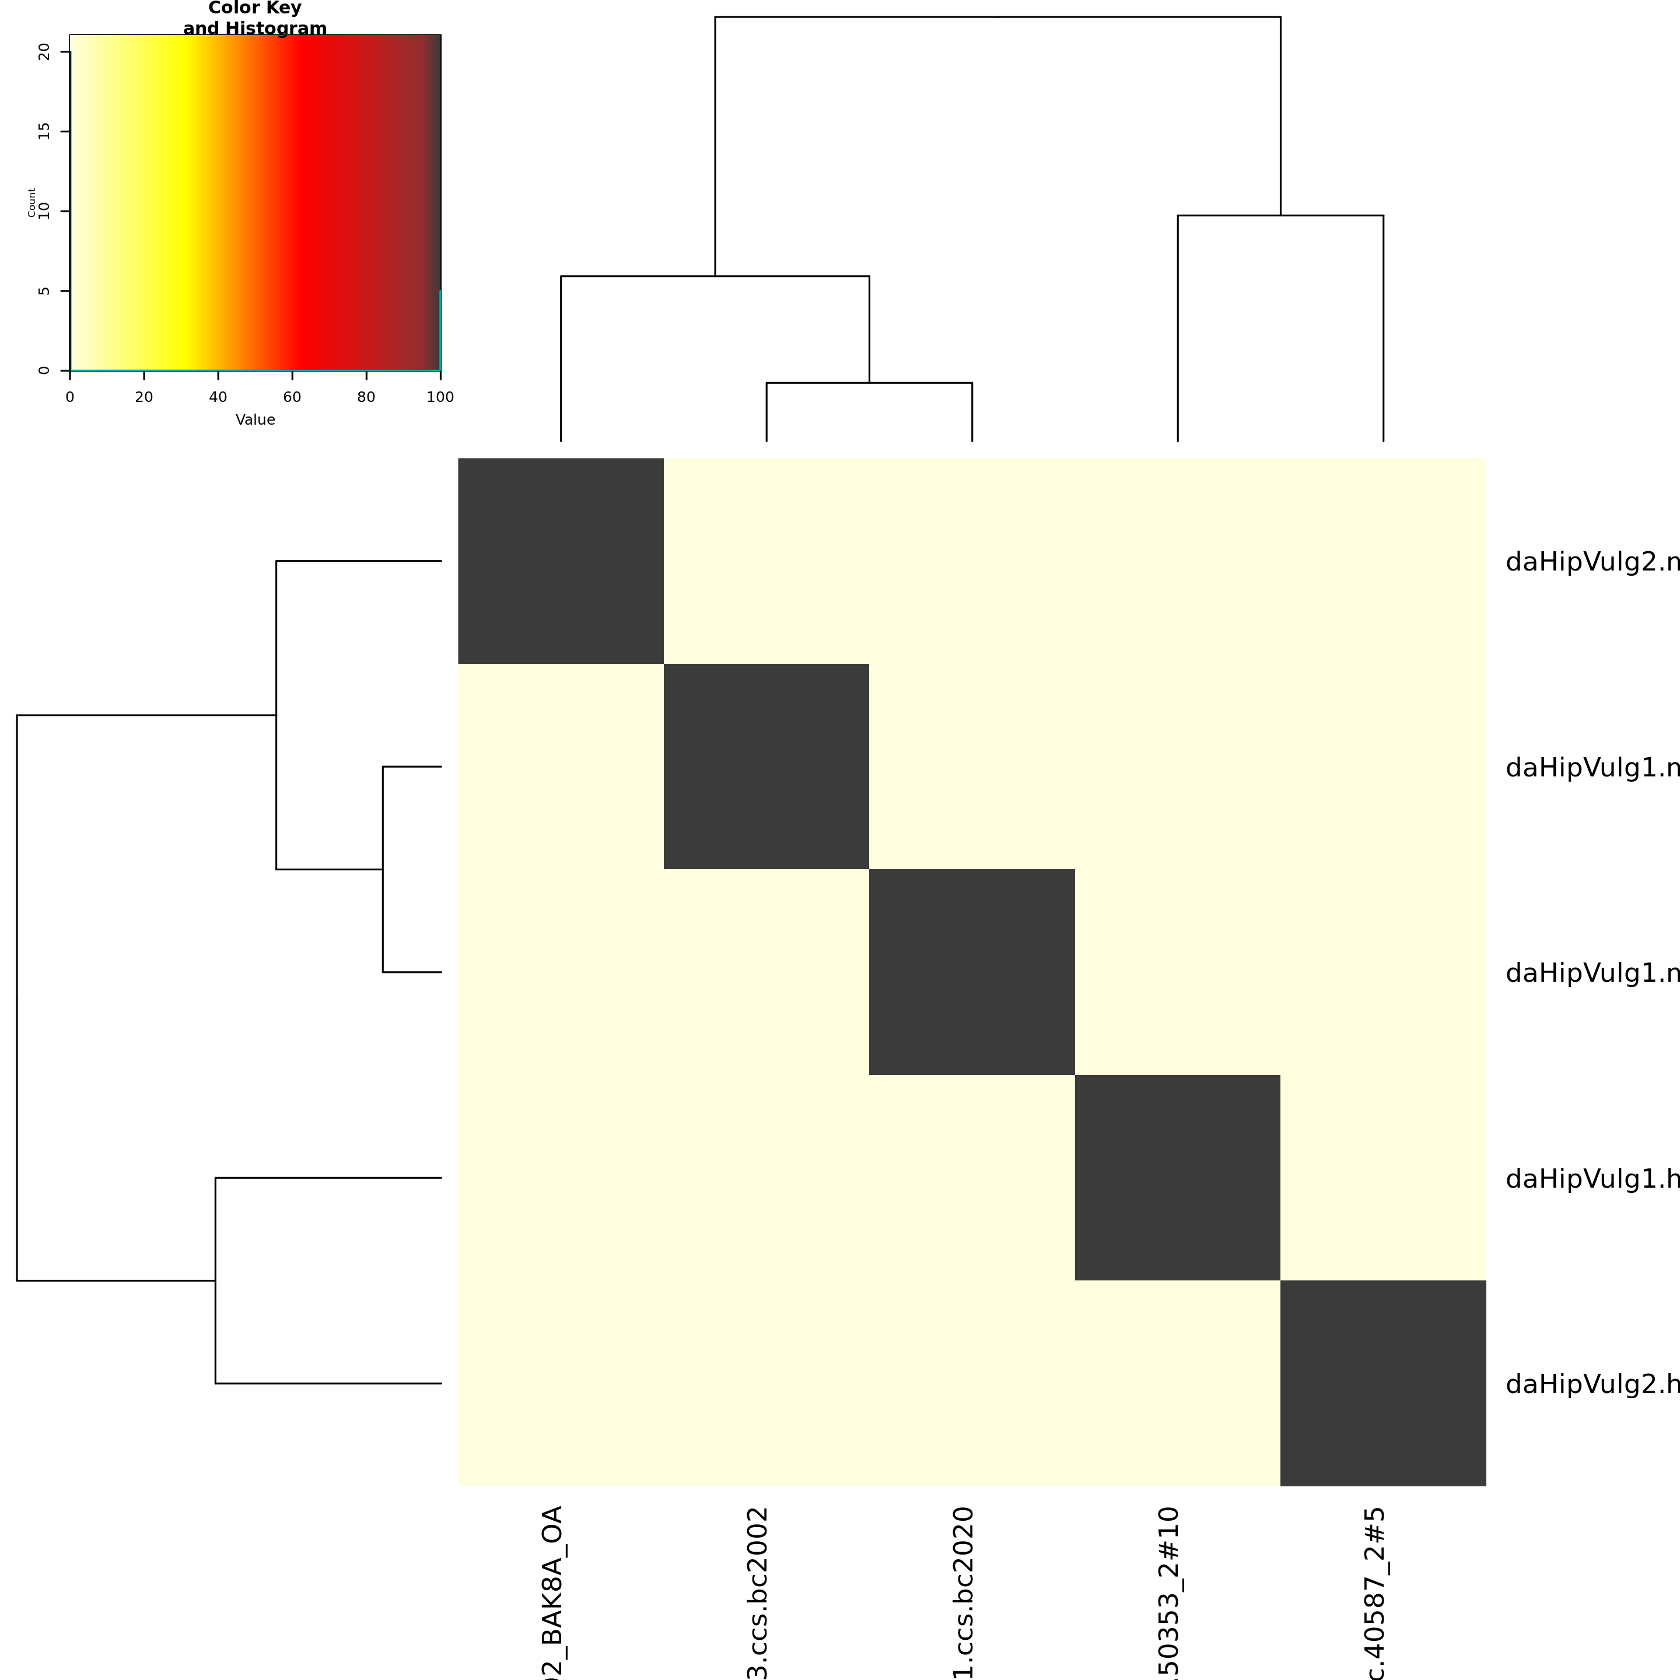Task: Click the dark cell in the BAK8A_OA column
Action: coord(561,560)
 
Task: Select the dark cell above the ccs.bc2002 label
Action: coord(766,766)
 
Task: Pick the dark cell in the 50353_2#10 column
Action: coord(1177,1177)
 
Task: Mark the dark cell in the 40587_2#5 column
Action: coord(1382,1382)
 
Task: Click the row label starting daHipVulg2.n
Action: coord(1591,562)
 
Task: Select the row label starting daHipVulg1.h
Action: coord(1591,1179)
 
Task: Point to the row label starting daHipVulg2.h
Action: coord(1591,1384)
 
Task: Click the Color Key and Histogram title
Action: coord(255,18)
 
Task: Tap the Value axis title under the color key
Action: coord(255,420)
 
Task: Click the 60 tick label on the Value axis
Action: coord(292,397)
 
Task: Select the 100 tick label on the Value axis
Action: coord(440,397)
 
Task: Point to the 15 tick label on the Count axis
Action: coord(44,131)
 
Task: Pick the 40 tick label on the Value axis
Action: coord(218,397)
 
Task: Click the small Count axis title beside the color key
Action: coord(32,202)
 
